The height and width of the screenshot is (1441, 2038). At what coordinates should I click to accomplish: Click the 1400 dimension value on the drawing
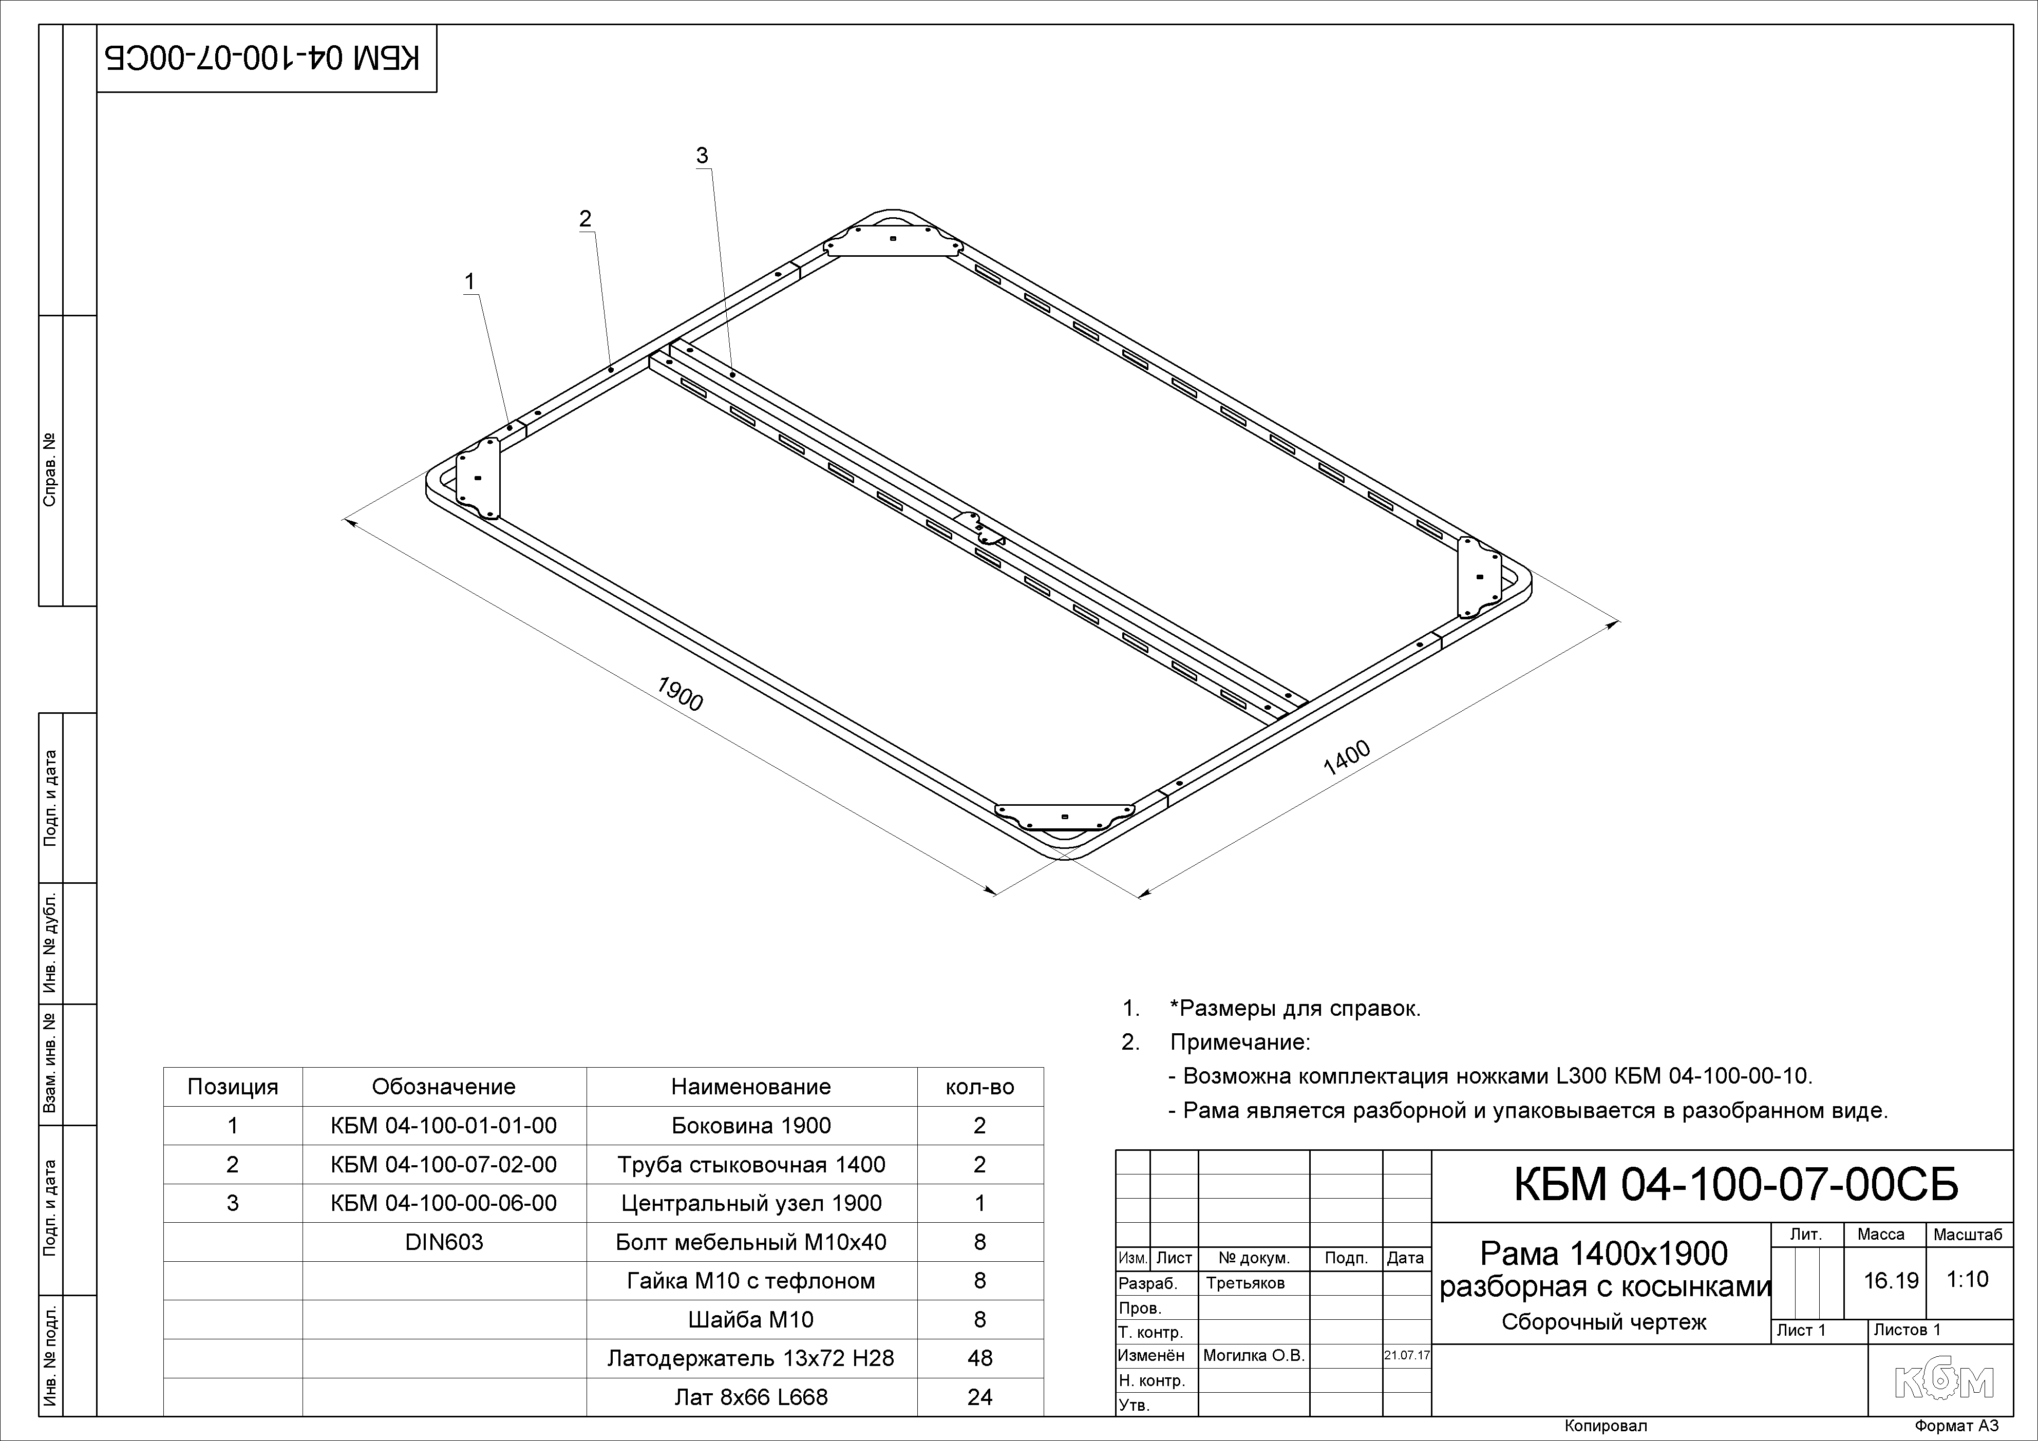(x=1347, y=758)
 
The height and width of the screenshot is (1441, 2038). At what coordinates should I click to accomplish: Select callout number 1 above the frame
(x=469, y=281)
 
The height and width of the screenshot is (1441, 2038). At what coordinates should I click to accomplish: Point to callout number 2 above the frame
(x=585, y=218)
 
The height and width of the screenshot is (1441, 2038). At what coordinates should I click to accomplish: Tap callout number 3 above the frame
(x=702, y=155)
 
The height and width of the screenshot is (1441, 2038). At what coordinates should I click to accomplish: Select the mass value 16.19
(x=1891, y=1280)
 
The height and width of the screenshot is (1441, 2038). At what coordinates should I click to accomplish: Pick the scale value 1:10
(x=1967, y=1279)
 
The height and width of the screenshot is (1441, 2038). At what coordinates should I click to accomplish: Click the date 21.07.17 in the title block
(x=1407, y=1356)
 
